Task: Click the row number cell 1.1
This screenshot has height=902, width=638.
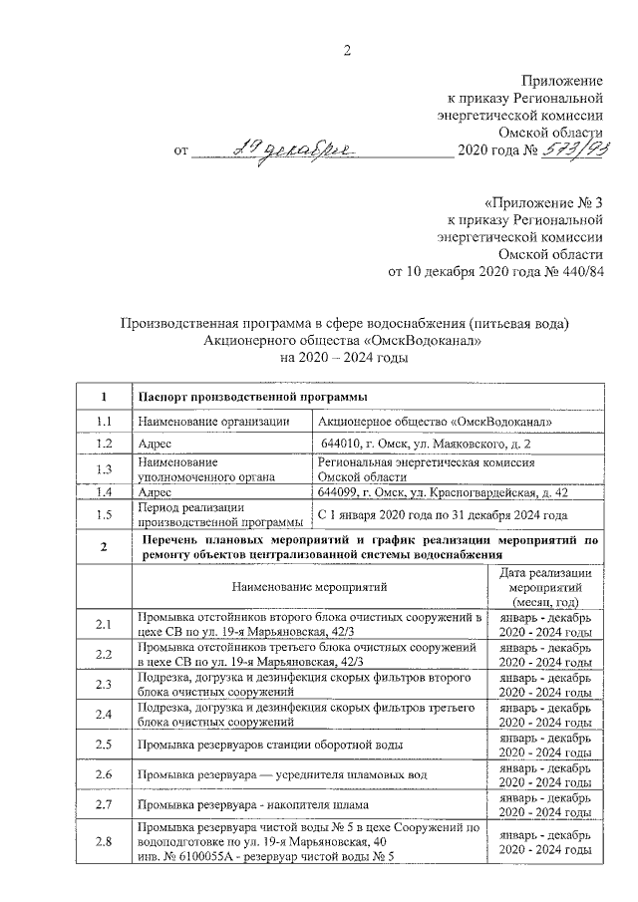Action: pos(102,421)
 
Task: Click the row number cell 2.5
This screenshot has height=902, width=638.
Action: pos(102,744)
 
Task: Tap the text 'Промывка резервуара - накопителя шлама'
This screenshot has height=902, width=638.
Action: pos(253,803)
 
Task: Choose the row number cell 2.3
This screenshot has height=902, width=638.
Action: pos(102,684)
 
